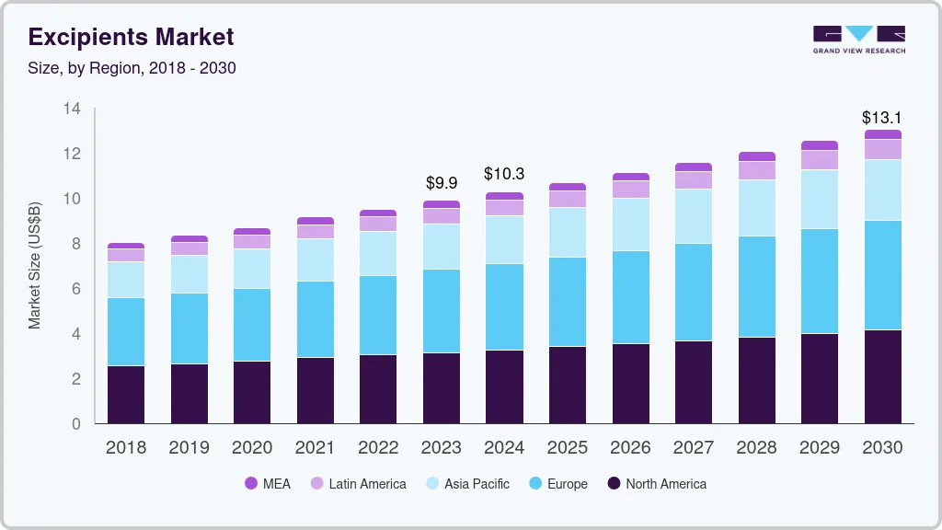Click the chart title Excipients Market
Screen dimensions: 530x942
(x=131, y=38)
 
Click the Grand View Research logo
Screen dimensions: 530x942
(x=858, y=40)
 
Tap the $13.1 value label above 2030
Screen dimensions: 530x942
(x=882, y=118)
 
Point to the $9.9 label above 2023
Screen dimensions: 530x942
(x=442, y=184)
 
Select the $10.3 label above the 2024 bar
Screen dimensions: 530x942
(x=504, y=174)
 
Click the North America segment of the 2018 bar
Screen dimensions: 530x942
(x=126, y=395)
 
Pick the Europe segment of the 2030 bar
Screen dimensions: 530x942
(x=882, y=275)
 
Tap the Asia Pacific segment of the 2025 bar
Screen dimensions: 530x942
(x=568, y=232)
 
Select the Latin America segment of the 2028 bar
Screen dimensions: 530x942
(x=756, y=170)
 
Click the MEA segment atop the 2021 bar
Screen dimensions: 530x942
(x=316, y=221)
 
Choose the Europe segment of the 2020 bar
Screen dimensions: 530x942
(x=252, y=325)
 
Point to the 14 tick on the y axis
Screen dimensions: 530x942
(x=72, y=109)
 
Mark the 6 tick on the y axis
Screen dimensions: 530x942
(x=76, y=289)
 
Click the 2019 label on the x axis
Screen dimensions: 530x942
(x=189, y=448)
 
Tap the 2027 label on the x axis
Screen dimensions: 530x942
(x=693, y=448)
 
